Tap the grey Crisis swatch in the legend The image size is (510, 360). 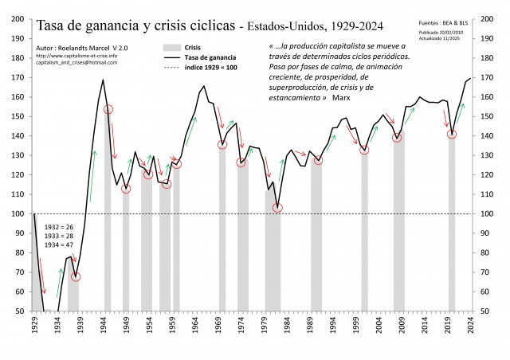coord(171,48)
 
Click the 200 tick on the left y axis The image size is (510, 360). coord(16,18)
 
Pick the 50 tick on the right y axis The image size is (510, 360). coord(486,311)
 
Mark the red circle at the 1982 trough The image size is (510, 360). coord(277,208)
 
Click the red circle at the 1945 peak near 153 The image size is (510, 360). coord(108,109)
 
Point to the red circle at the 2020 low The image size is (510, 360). coord(452,135)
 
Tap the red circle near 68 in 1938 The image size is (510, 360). coord(76,276)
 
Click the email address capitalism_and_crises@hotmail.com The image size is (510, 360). coord(76,62)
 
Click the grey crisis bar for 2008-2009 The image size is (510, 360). coord(398,223)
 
